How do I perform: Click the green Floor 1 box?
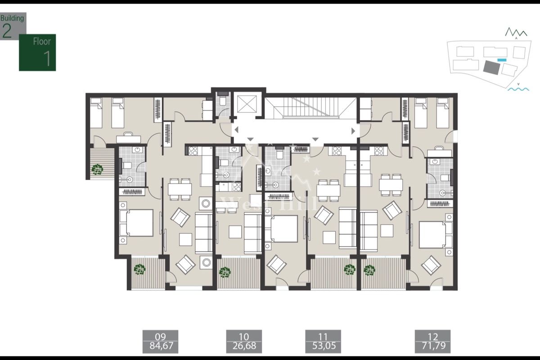(37, 52)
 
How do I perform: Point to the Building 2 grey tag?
(12, 26)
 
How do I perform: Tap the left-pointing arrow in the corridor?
(237, 130)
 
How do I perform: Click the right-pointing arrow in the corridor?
(353, 130)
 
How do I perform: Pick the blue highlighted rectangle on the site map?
(502, 59)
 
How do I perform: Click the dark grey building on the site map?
(490, 67)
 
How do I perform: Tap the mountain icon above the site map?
(516, 32)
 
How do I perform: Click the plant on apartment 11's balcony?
(350, 269)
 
